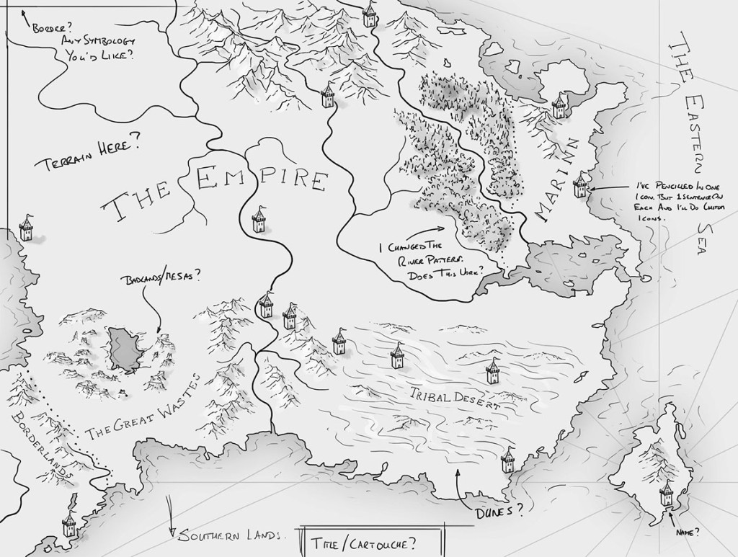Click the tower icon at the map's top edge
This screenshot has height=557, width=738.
click(370, 13)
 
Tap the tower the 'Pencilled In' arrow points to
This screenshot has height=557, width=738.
click(581, 185)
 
